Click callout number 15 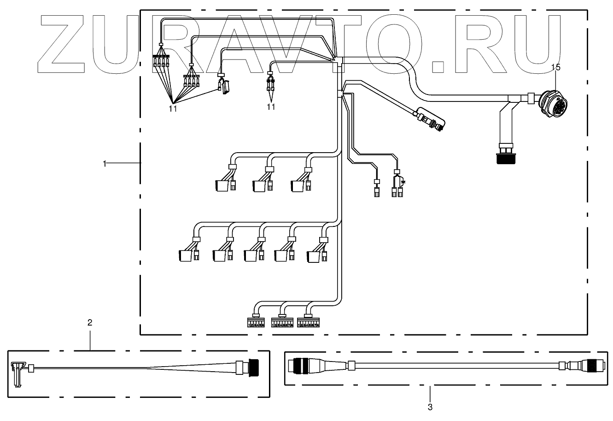point(556,67)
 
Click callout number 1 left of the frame point(105,163)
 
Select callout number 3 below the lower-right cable point(430,407)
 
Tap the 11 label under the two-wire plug point(271,107)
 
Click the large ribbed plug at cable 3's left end point(300,365)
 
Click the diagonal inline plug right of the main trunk point(430,119)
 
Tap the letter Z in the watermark point(64,45)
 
